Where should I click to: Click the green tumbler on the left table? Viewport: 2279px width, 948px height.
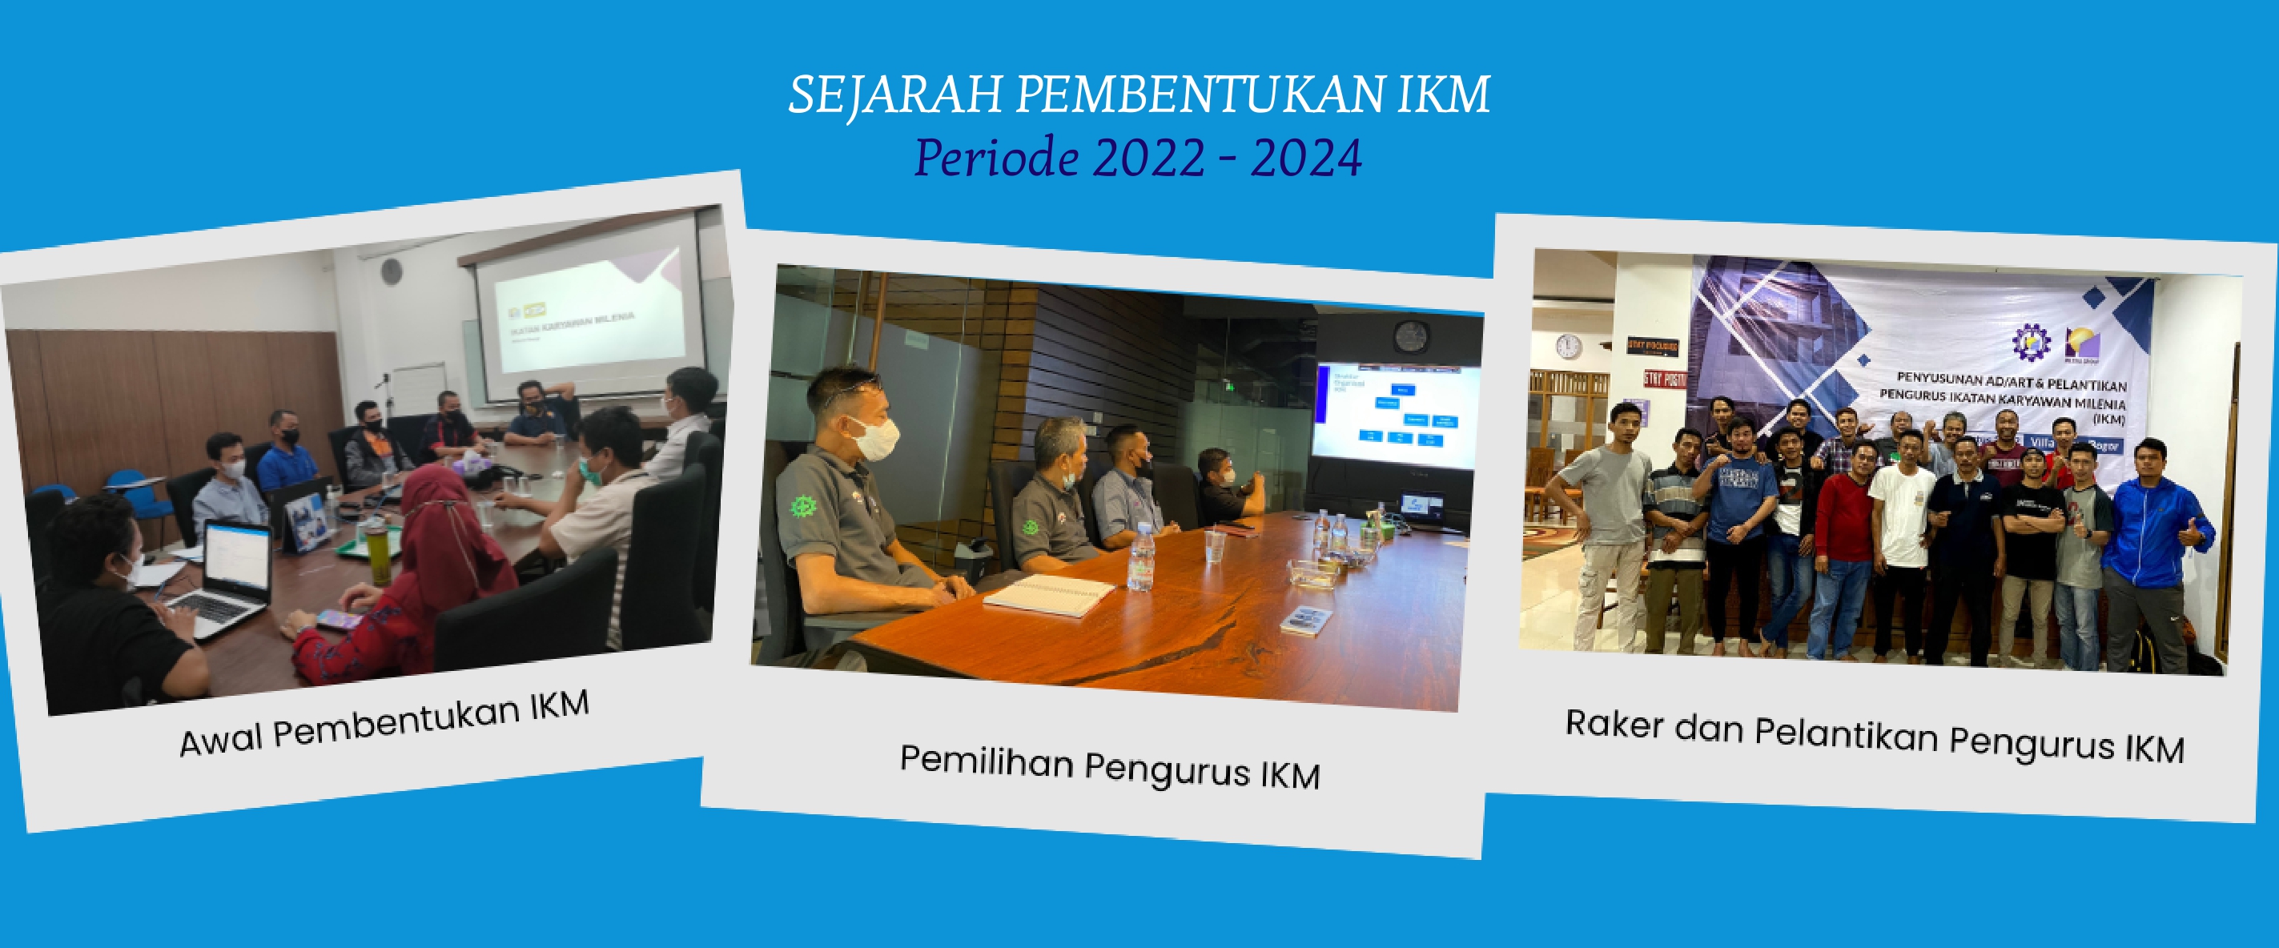[x=379, y=552]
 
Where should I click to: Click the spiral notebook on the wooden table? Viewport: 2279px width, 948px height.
[x=1049, y=594]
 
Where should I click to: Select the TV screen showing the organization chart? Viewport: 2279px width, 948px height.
[x=1396, y=415]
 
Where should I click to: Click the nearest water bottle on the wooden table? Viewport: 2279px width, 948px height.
[x=1140, y=558]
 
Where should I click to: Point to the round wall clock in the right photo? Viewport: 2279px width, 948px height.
[x=1568, y=346]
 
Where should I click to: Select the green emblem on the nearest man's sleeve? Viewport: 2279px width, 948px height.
[x=802, y=508]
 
